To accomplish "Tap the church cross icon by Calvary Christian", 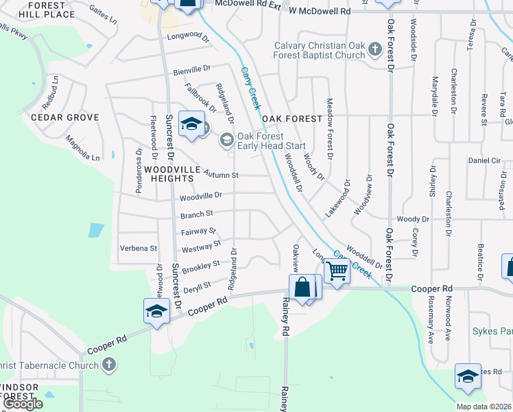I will (374, 49).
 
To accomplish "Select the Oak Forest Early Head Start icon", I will (226, 141).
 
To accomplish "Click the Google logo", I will (23, 404).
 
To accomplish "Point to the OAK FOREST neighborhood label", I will (291, 119).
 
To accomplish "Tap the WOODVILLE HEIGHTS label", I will (171, 174).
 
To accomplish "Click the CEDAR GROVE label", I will (65, 117).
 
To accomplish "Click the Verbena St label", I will (139, 248).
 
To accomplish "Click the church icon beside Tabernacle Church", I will (108, 365).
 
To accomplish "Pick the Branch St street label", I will (196, 214).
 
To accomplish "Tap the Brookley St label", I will (201, 265).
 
